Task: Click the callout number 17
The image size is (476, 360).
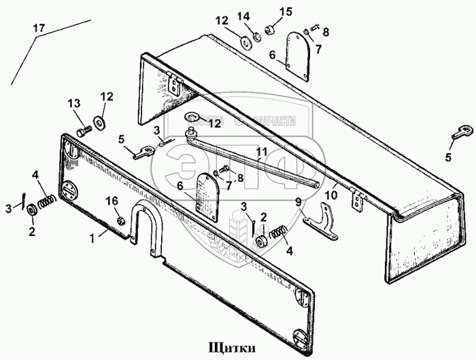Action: (39, 29)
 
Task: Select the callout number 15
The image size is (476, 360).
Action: (286, 11)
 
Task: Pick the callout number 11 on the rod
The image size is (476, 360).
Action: (260, 152)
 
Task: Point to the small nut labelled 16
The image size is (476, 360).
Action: (120, 222)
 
